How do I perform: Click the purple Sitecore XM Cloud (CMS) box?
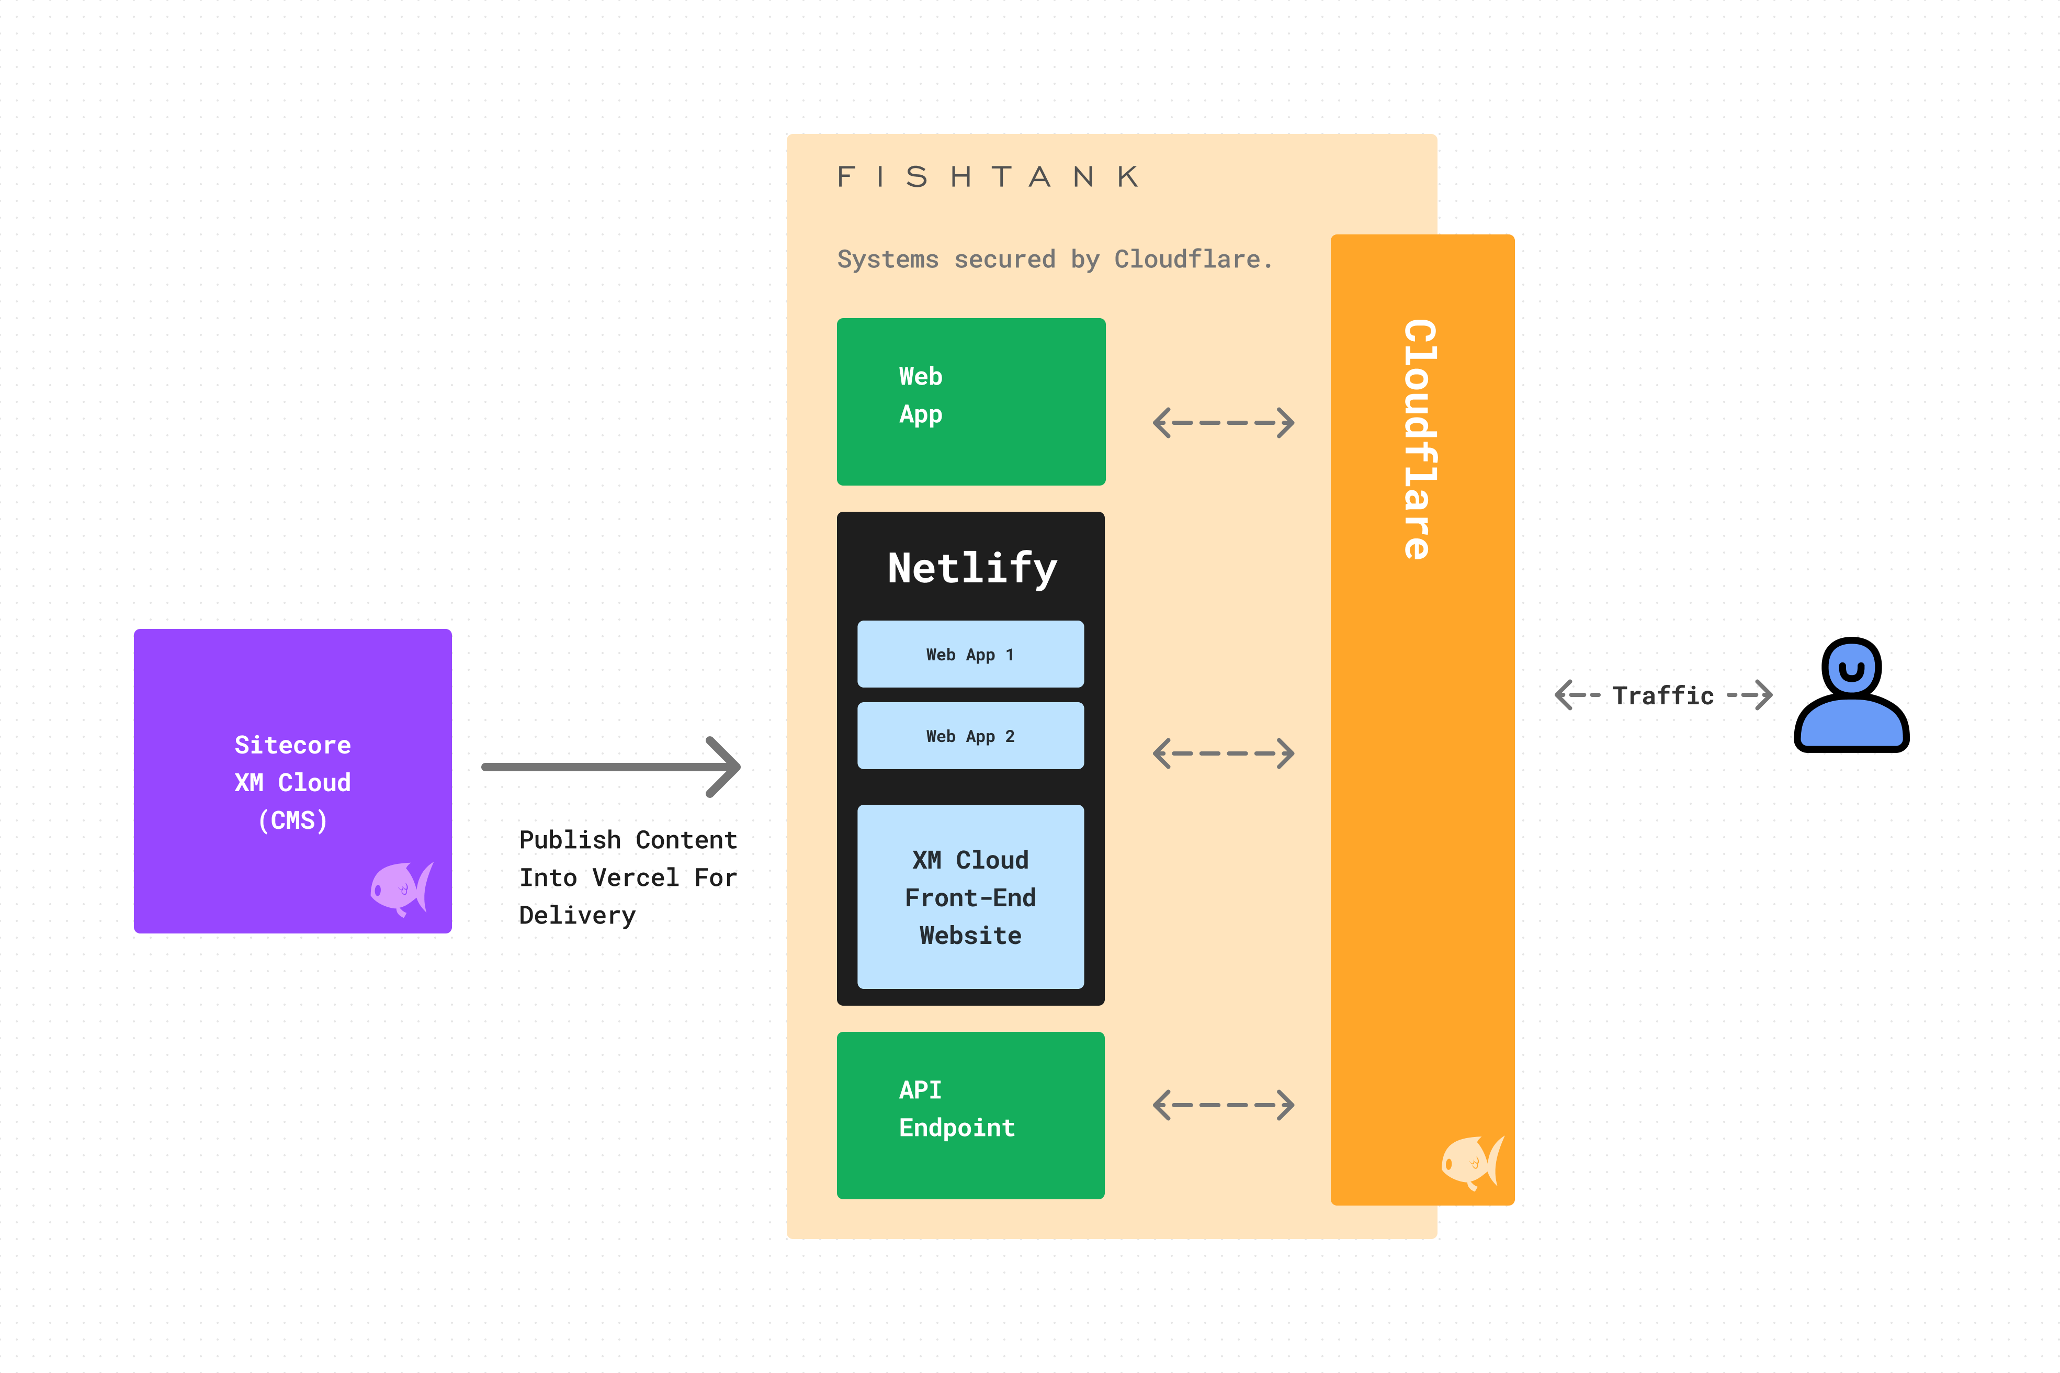pyautogui.click(x=292, y=701)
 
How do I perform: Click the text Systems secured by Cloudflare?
pyautogui.click(x=1054, y=259)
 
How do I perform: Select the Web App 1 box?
pyautogui.click(x=970, y=654)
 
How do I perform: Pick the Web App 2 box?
pyautogui.click(x=970, y=736)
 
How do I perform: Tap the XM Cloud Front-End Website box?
pyautogui.click(x=970, y=897)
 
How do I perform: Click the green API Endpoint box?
pyautogui.click(x=970, y=1114)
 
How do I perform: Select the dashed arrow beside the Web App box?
pyautogui.click(x=1223, y=423)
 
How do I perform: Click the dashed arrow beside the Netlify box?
pyautogui.click(x=1223, y=753)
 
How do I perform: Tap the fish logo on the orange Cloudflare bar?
pyautogui.click(x=1472, y=1162)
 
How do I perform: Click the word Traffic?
pyautogui.click(x=1662, y=695)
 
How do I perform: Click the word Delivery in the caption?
pyautogui.click(x=577, y=915)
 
